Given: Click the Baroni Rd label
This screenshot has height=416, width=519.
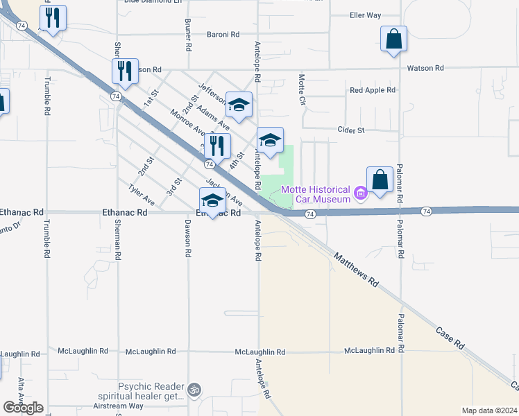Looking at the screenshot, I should coord(223,33).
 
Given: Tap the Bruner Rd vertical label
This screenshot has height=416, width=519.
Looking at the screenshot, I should coord(188,35).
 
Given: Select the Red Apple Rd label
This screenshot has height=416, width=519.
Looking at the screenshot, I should coord(373,90).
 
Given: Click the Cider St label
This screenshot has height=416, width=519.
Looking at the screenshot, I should coord(350,130).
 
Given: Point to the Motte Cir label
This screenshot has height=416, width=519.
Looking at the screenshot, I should coord(303,90).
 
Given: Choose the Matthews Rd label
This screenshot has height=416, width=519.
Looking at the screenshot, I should coord(356,270).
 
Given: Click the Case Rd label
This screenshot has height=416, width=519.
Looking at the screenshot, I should coord(450,336).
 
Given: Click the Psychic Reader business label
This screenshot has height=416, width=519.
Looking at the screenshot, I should coord(152,392).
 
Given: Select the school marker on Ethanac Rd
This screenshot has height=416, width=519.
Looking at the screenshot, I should coord(212,201).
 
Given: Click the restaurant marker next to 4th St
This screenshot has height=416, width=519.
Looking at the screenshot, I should coord(217,146).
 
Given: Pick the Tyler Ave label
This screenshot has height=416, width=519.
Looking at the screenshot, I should coord(142,194).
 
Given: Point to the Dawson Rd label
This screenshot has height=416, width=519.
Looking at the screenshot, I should coord(187,239).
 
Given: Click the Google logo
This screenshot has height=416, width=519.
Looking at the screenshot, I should coord(23,408).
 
